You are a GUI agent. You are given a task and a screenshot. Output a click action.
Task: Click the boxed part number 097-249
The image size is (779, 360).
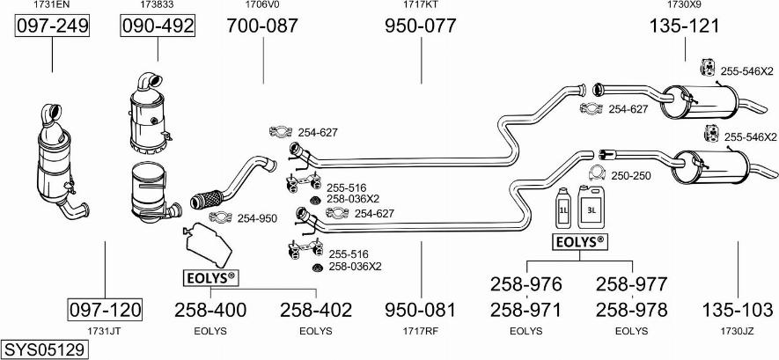[52, 26]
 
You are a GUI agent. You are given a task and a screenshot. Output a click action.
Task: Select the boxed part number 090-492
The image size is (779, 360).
[158, 26]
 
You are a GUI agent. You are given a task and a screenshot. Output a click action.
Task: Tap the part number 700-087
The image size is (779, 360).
[262, 26]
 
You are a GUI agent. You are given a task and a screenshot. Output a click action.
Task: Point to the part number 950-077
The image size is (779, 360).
[421, 26]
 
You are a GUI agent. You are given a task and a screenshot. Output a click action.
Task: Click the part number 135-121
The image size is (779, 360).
[684, 26]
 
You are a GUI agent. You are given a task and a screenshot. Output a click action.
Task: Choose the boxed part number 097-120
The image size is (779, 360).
[105, 310]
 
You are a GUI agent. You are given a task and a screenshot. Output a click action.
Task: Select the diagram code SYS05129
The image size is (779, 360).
[44, 349]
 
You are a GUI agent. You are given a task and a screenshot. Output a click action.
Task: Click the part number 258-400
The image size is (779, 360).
[210, 310]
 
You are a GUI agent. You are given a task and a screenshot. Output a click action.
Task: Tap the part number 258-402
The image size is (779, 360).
[316, 310]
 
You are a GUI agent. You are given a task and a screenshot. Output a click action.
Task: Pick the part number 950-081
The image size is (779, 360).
[421, 310]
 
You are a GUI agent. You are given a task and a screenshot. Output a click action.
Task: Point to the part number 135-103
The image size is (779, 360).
[738, 310]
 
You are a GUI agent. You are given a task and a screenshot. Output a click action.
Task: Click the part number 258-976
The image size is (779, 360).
[525, 283]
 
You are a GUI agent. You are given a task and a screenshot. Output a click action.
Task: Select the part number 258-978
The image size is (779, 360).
[631, 310]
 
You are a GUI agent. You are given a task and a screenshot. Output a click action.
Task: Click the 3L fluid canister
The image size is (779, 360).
[590, 209]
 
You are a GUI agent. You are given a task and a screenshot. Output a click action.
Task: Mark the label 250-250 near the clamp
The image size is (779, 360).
[630, 176]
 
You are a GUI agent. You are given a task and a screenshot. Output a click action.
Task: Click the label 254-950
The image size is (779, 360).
[257, 217]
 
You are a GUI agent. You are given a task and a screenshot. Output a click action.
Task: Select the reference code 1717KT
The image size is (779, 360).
[421, 5]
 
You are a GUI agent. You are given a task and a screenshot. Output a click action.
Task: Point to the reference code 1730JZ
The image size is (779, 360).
[738, 331]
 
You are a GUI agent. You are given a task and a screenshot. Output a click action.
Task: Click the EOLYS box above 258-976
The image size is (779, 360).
[579, 241]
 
